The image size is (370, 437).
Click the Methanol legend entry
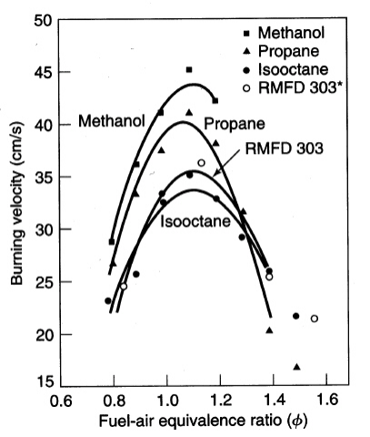[285, 33]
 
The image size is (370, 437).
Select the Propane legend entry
[282, 51]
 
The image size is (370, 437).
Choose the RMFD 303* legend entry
[293, 88]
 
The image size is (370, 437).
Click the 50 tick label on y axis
[44, 21]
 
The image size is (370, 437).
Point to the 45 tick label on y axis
[44, 72]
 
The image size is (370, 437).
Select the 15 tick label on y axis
[44, 381]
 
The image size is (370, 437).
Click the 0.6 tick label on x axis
[61, 401]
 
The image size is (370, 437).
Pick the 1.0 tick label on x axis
[166, 401]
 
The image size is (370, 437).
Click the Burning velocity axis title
[17, 203]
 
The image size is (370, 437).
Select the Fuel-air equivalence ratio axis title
[203, 422]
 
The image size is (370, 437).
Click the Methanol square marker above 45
[189, 70]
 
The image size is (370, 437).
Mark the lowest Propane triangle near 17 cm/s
[297, 367]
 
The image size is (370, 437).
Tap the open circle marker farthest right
[315, 319]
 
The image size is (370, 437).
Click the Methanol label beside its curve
[112, 121]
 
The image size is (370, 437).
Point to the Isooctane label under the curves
[195, 221]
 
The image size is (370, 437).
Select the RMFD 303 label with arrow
[284, 148]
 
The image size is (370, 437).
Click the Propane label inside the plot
[235, 124]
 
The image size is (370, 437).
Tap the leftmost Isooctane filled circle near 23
[108, 300]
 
